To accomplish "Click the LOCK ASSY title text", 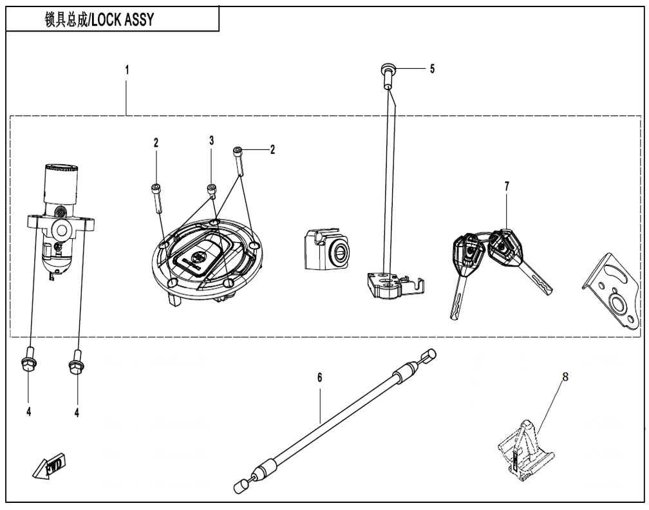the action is [99, 19].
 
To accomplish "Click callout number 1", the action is [127, 70].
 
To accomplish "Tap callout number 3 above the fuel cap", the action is [211, 140].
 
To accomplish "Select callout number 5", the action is [432, 69].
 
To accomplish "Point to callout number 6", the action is [319, 377].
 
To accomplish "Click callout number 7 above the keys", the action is [507, 186].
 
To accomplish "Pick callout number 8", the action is [565, 377].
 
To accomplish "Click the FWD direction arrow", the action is [49, 466].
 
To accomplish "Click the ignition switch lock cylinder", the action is [61, 220].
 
